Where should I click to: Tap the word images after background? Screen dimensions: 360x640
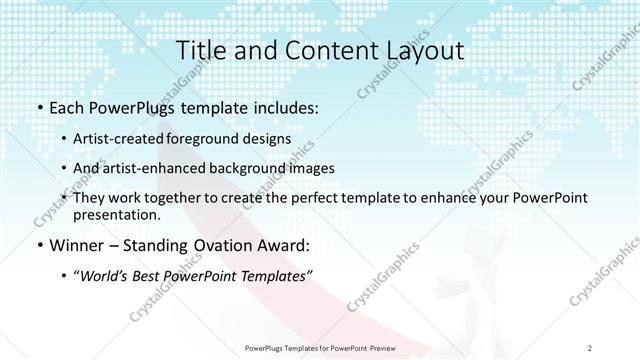pyautogui.click(x=303, y=168)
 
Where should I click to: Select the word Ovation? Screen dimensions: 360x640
pyautogui.click(x=213, y=244)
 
